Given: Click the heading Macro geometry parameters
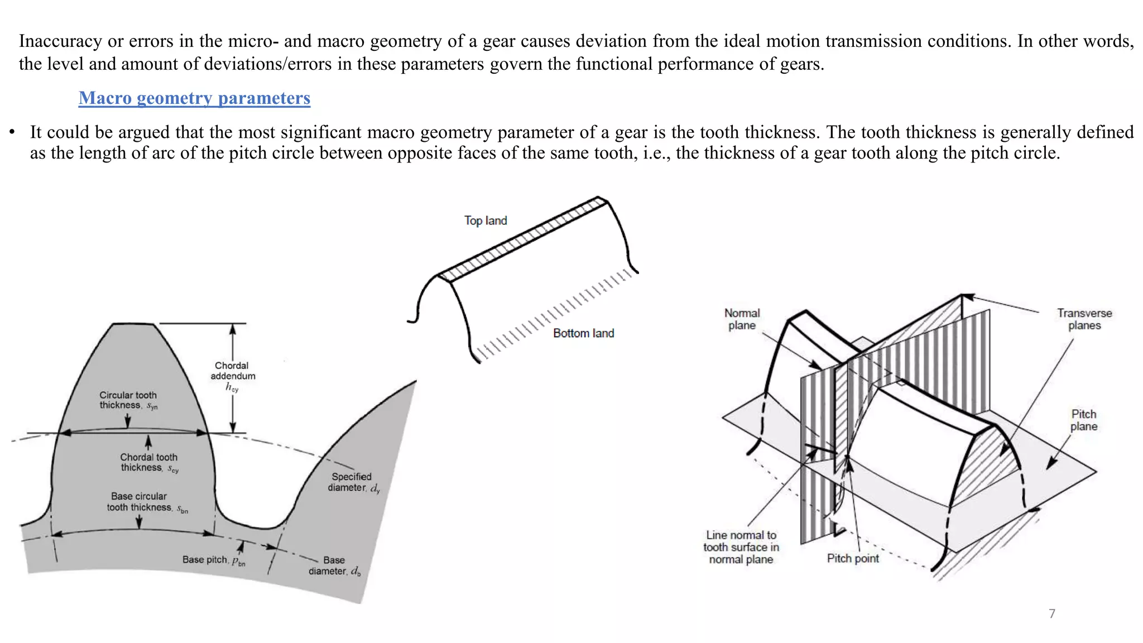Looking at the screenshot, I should pyautogui.click(x=194, y=98).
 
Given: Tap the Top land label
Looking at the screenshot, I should pyautogui.click(x=486, y=220).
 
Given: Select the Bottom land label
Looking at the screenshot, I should pyautogui.click(x=583, y=333).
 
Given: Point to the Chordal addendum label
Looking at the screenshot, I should pyautogui.click(x=233, y=371).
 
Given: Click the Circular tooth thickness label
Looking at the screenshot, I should pyautogui.click(x=128, y=400).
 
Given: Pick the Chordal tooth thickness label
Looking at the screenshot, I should pyautogui.click(x=149, y=462).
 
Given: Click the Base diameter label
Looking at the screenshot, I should pyautogui.click(x=334, y=565).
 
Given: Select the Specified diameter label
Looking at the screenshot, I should pyautogui.click(x=353, y=482).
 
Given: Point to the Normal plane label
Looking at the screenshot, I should pyautogui.click(x=742, y=319).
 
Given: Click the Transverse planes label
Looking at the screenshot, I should pyautogui.click(x=1084, y=319).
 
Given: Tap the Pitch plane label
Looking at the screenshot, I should pyautogui.click(x=1083, y=420).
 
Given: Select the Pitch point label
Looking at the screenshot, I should pyautogui.click(x=852, y=558).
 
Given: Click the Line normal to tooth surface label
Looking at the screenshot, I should pyautogui.click(x=741, y=547).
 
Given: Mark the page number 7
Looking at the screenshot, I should pyautogui.click(x=1051, y=614).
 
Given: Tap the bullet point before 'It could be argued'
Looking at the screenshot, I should pyautogui.click(x=12, y=133).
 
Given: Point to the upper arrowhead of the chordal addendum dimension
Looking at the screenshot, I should pyautogui.click(x=233, y=329).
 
